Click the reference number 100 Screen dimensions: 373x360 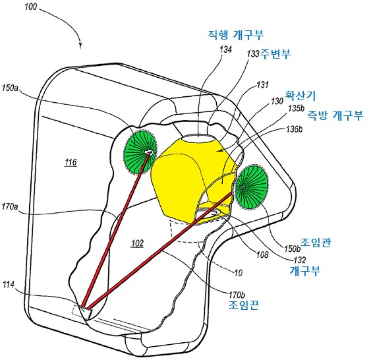click(x=31, y=7)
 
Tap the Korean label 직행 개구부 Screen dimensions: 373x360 click(x=236, y=35)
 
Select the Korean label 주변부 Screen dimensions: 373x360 click(x=275, y=54)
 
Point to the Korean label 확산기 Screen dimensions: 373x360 click(x=301, y=96)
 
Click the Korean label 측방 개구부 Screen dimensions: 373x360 click(x=335, y=115)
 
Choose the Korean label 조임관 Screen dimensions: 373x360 click(x=316, y=243)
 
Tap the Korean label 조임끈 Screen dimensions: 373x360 click(x=244, y=305)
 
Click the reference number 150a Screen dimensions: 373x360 click(x=10, y=88)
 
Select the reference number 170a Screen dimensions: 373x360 click(x=10, y=206)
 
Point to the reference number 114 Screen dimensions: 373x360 click(x=9, y=284)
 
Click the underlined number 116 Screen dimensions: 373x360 click(x=71, y=162)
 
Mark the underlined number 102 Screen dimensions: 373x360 click(x=138, y=243)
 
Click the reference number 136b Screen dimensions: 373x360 click(x=295, y=129)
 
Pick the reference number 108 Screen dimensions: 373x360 click(x=262, y=255)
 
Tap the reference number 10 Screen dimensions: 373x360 click(x=238, y=272)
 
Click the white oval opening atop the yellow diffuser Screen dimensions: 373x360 click(x=198, y=138)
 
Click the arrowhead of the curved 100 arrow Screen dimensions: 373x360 click(x=80, y=46)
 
